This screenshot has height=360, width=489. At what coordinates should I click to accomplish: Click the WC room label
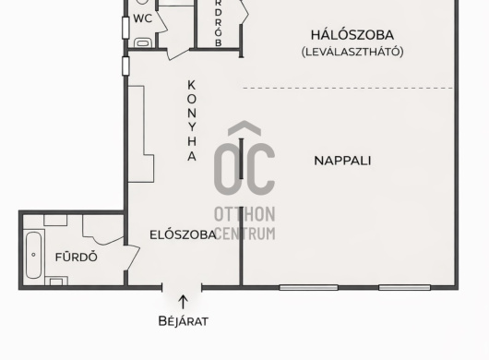pyautogui.click(x=142, y=18)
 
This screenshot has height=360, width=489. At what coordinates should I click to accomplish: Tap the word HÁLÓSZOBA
pyautogui.click(x=352, y=35)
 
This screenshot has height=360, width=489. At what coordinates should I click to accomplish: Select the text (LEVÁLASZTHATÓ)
pyautogui.click(x=352, y=52)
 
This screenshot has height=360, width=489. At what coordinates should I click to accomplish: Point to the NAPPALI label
pyautogui.click(x=342, y=161)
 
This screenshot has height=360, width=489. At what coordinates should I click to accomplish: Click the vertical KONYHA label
pyautogui.click(x=192, y=121)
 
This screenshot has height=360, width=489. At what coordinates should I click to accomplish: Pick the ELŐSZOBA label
pyautogui.click(x=183, y=234)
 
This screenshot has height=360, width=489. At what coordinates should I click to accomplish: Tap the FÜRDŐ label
pyautogui.click(x=77, y=257)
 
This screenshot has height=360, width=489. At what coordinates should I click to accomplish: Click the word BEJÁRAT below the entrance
pyautogui.click(x=183, y=321)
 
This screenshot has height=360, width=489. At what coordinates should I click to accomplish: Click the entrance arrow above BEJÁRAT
pyautogui.click(x=183, y=302)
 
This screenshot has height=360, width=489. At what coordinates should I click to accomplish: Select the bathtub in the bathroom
pyautogui.click(x=34, y=255)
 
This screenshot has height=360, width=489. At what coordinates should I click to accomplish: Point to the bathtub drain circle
pyautogui.click(x=34, y=255)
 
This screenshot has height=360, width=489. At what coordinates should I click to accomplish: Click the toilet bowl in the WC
pyautogui.click(x=143, y=43)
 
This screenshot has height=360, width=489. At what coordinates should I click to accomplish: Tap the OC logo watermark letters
pyautogui.click(x=244, y=169)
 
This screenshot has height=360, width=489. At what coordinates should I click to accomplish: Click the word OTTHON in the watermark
pyautogui.click(x=244, y=214)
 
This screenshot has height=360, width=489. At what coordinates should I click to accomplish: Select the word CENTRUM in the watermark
pyautogui.click(x=245, y=234)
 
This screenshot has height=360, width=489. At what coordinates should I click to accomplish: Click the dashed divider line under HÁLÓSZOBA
pyautogui.click(x=348, y=89)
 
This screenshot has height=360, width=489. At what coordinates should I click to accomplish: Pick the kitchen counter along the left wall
pyautogui.click(x=141, y=134)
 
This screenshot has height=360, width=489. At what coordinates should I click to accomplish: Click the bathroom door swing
pyautogui.click(x=132, y=258)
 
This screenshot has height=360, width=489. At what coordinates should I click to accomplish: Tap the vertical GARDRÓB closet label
pyautogui.click(x=219, y=23)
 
